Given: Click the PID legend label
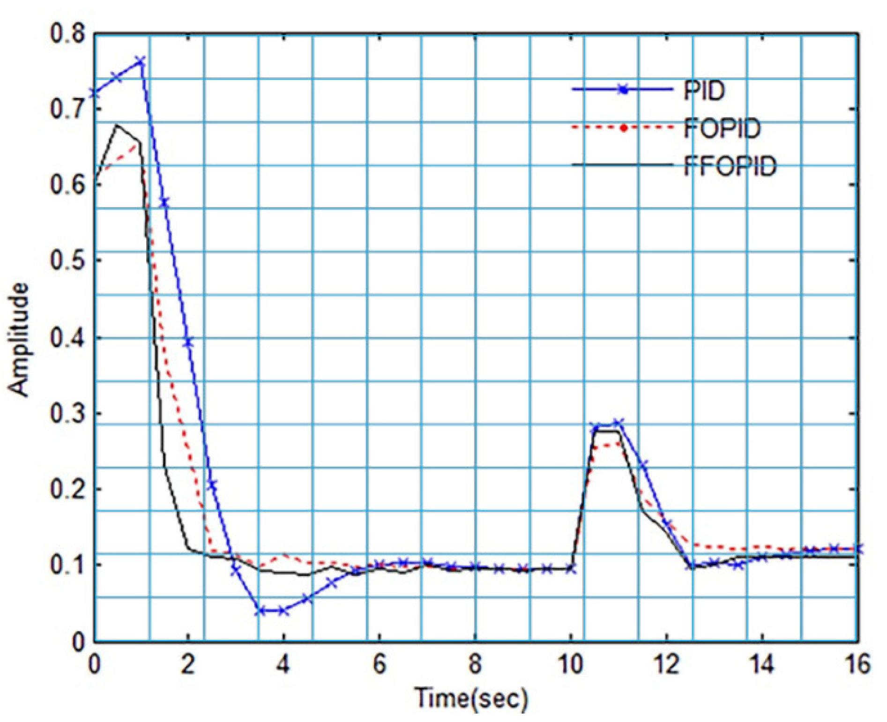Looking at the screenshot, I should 704,90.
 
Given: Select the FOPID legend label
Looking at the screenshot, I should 722,128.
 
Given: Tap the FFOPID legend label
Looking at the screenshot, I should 730,165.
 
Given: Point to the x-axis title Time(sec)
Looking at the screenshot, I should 471,698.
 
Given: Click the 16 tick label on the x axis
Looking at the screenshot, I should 857,665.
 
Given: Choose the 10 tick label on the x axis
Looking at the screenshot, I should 571,665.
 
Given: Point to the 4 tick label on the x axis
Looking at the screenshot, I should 283,665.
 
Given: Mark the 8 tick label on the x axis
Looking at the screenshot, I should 475,665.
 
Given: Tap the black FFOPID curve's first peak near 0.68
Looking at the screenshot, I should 117,126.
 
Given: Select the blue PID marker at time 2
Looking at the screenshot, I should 188,342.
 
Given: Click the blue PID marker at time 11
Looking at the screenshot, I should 619,424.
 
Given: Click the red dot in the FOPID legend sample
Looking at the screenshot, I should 623,128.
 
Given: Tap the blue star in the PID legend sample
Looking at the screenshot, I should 623,90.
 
